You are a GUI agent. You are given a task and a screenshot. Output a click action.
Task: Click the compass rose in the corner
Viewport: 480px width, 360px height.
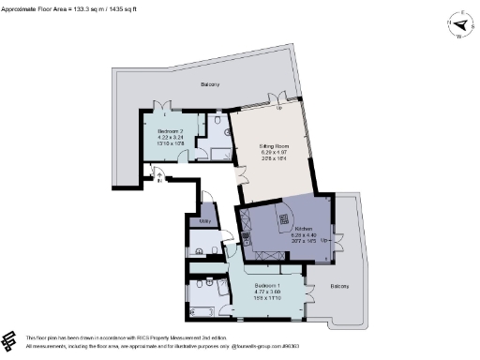tap(458, 25)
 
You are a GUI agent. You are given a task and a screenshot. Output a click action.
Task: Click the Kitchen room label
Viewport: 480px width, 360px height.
tap(303, 228)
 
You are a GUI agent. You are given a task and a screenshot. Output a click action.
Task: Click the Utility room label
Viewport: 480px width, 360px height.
tap(203, 221)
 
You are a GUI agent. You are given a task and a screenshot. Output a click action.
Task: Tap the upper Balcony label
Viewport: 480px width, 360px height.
tap(210, 85)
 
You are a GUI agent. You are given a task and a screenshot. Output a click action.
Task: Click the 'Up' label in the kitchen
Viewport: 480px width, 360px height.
tap(325, 240)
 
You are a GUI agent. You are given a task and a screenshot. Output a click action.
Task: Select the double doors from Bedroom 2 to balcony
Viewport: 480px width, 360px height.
tap(165, 105)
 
